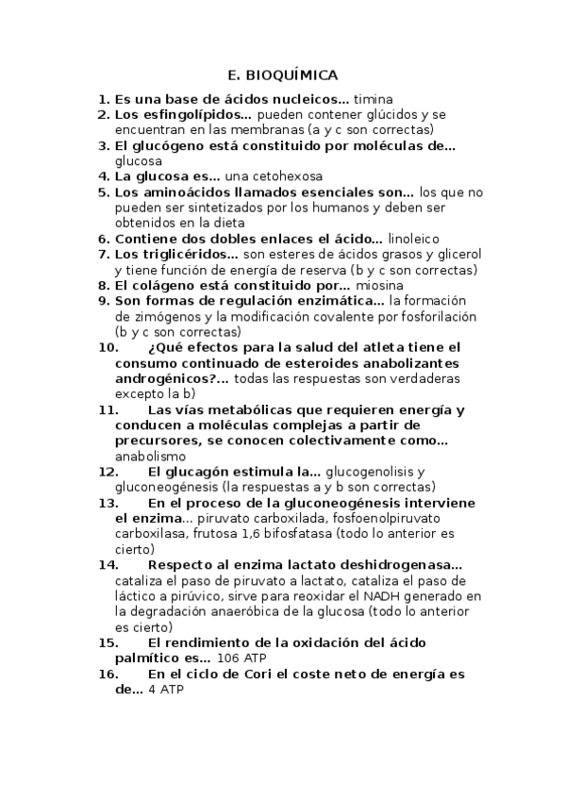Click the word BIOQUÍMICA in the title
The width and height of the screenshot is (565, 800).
click(x=298, y=75)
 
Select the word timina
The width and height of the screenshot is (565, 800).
click(x=373, y=98)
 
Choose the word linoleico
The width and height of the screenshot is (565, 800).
click(x=413, y=239)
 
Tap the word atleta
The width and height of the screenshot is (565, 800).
click(x=360, y=347)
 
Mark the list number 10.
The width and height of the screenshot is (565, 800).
click(x=108, y=347)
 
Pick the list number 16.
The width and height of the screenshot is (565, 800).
click(x=108, y=674)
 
